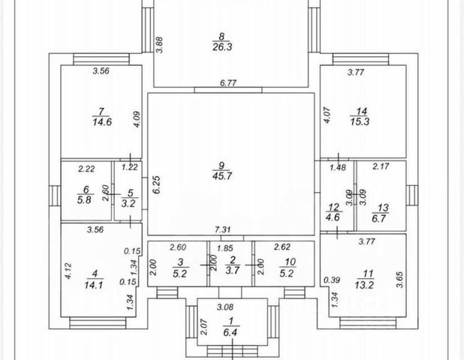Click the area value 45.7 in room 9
221,177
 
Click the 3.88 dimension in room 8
159,44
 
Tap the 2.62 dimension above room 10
282,247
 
